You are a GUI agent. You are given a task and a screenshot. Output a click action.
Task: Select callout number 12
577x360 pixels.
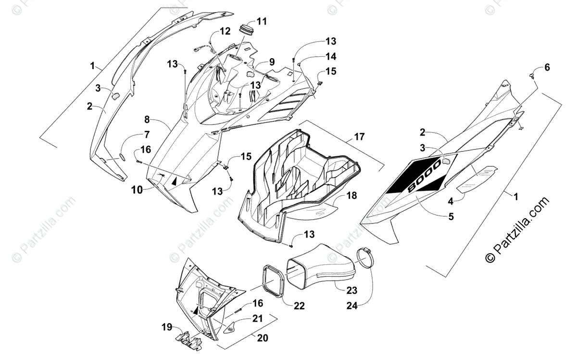[226, 32]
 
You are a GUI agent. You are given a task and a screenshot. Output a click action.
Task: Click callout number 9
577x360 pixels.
[272, 62]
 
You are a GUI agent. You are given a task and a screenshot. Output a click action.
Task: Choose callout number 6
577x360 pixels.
[547, 67]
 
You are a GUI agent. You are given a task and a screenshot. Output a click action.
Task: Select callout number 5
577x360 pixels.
[451, 216]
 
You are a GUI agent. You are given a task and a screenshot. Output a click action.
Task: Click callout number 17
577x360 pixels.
[359, 137]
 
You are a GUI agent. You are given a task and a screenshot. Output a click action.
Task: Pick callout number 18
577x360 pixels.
[352, 195]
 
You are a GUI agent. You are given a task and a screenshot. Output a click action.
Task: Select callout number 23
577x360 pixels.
[352, 290]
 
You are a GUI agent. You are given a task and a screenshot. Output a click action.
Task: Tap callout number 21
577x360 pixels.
[258, 319]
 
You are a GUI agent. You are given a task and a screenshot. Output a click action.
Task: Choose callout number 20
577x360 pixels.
[262, 338]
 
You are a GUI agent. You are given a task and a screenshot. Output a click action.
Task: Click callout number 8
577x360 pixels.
[147, 120]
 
